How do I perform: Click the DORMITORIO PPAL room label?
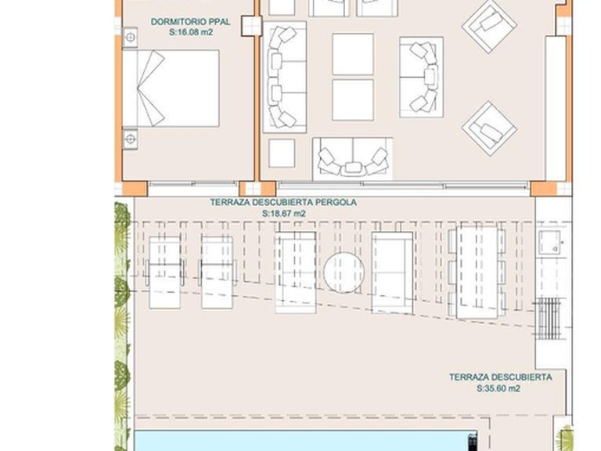coord(191,23)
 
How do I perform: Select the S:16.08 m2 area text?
coord(191,34)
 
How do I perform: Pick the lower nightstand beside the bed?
coord(130,139)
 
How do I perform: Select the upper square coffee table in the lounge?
coord(352,53)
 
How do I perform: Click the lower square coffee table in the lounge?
coord(352,99)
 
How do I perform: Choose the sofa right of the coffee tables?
coord(422,77)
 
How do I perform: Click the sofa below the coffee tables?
coord(353,159)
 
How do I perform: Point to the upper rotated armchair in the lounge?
coord(489,26)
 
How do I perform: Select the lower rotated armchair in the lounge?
coord(489,128)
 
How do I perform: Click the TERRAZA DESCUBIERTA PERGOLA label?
coord(283,202)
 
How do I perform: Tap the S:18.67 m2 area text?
coord(283,213)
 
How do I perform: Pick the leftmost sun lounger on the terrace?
coord(164,261)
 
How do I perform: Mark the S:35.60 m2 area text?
coord(499,388)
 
